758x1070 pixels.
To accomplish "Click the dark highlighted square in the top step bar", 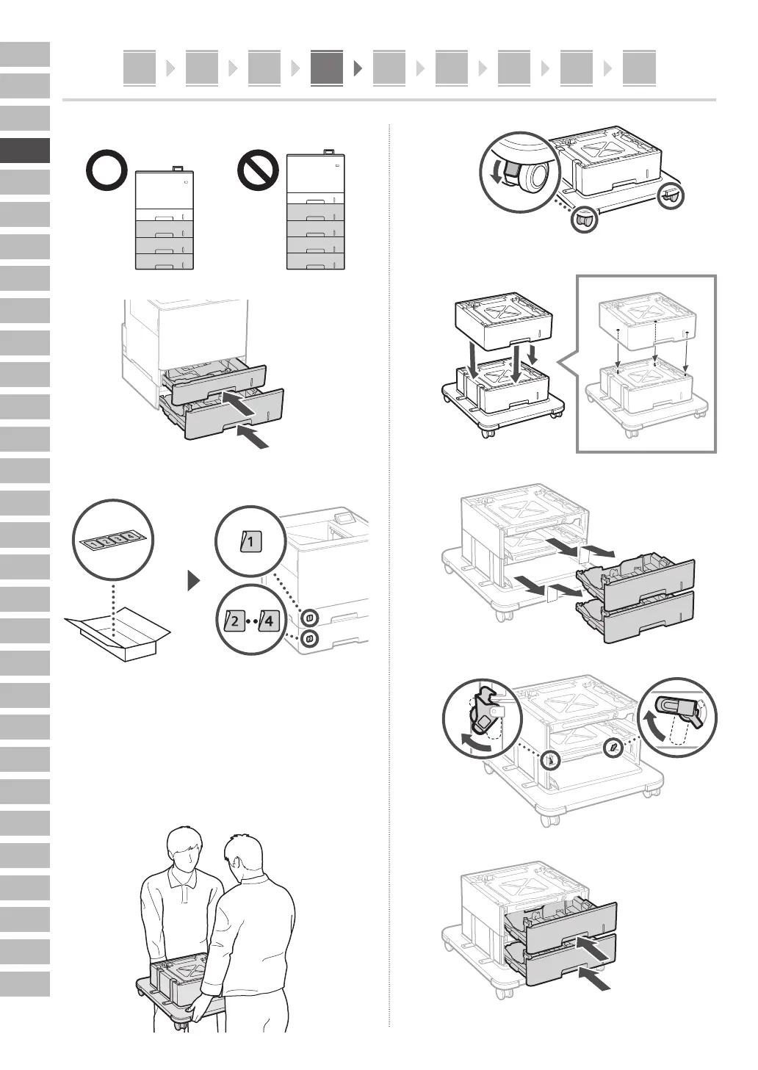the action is coord(326,68).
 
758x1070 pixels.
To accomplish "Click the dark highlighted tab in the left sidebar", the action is coord(25,151).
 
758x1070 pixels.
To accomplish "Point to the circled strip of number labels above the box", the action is coord(113,540).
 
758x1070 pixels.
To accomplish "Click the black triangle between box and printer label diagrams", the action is coord(194,582).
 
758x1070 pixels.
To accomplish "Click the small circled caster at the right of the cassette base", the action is coord(670,198).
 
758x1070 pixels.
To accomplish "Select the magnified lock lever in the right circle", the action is coord(678,712).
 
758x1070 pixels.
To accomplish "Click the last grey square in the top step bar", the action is coord(638,68).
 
